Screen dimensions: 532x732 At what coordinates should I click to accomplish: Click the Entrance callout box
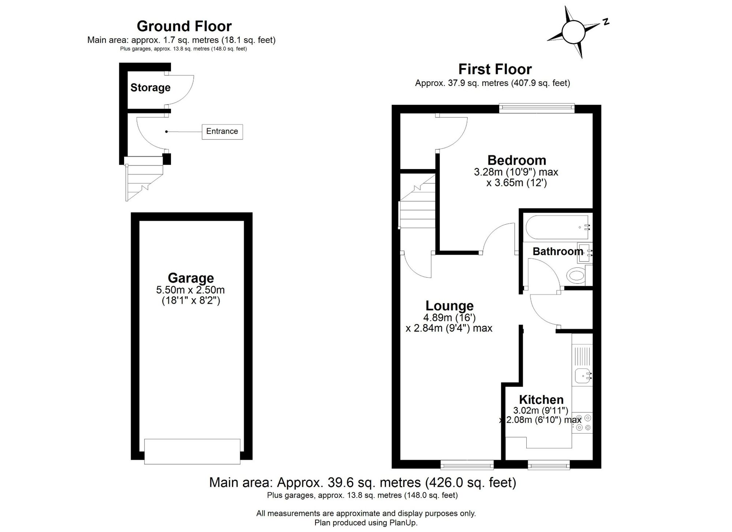[x=222, y=132]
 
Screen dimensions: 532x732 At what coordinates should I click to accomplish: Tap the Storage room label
[x=150, y=88]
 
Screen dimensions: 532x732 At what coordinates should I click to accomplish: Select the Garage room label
[x=191, y=278]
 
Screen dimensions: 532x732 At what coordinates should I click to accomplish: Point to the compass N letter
[x=606, y=22]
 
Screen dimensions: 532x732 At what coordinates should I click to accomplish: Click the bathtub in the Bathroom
[x=557, y=227]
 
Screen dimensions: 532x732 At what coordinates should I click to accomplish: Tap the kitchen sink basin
[x=582, y=375]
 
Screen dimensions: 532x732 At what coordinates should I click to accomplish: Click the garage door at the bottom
[x=192, y=452]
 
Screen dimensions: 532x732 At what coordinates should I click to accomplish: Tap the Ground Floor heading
[x=184, y=26]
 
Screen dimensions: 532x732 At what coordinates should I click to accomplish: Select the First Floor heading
[x=495, y=69]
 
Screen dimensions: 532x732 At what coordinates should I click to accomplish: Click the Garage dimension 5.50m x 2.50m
[x=190, y=290]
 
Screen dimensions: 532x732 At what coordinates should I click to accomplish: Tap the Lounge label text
[x=449, y=306]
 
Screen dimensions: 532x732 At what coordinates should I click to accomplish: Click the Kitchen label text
[x=541, y=400]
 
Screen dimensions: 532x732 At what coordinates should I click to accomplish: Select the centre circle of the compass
[x=573, y=32]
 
